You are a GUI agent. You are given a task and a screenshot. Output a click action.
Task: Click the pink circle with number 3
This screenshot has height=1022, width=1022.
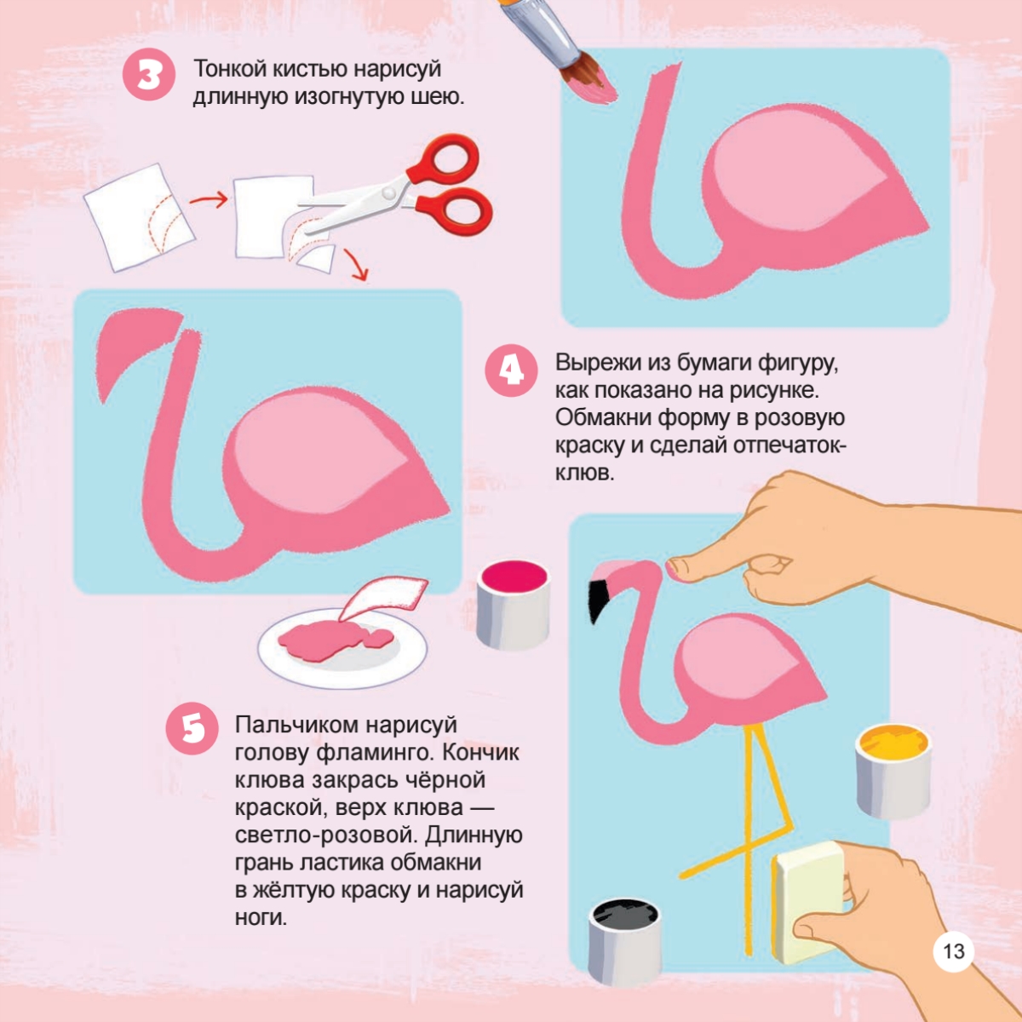[x=148, y=75]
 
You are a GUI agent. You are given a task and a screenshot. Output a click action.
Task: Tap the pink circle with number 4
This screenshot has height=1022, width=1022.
[x=511, y=370]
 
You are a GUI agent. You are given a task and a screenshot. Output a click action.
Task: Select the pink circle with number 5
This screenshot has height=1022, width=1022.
[x=192, y=728]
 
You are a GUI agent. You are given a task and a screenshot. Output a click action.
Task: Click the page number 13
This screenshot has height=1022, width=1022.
[x=953, y=951]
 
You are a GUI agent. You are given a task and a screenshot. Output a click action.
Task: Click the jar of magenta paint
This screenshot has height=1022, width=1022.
[x=513, y=606]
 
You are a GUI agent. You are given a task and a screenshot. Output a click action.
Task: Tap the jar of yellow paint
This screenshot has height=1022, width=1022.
[x=893, y=772]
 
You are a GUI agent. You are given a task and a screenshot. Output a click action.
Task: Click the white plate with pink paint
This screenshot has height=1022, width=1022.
[x=342, y=647]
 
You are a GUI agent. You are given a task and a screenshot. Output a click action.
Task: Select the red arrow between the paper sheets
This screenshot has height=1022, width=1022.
[x=209, y=200]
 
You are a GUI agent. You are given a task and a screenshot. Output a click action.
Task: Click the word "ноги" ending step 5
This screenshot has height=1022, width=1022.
[x=261, y=918]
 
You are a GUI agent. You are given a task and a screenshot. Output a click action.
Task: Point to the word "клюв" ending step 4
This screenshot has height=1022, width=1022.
[x=584, y=472]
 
